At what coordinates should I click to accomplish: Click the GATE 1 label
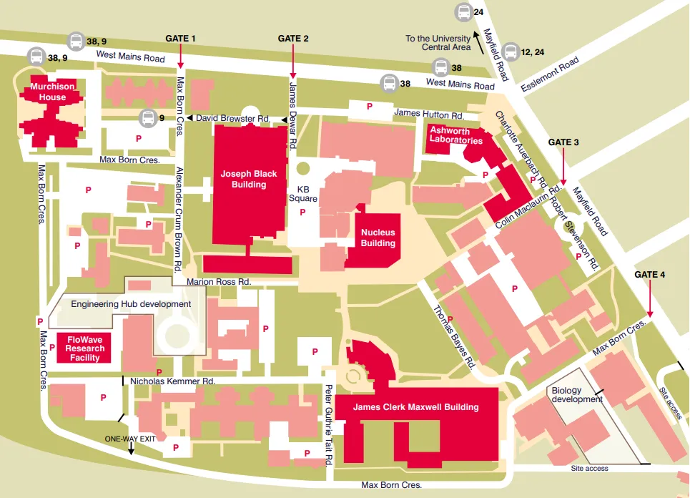tap(180, 38)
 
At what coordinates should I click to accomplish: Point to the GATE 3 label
tap(563, 142)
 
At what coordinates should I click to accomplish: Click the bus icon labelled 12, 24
tap(510, 52)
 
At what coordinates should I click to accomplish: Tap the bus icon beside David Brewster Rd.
tap(147, 117)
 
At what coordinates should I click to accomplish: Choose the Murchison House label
tap(48, 92)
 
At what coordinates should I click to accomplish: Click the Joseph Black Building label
tap(249, 179)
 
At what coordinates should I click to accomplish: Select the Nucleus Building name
tap(378, 238)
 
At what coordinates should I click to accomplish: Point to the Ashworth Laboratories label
tap(455, 136)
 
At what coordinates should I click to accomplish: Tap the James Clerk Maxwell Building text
tap(415, 407)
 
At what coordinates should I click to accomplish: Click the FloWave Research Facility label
tap(86, 348)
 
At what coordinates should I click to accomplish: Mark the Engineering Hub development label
tap(131, 304)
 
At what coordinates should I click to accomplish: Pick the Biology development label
tap(577, 395)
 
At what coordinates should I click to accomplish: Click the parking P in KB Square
tap(302, 213)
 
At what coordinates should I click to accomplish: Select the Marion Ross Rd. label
tap(218, 282)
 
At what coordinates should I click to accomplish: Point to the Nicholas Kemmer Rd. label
tap(172, 381)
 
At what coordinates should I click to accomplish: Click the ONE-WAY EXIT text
tap(129, 438)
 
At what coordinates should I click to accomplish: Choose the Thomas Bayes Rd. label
tap(455, 336)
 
